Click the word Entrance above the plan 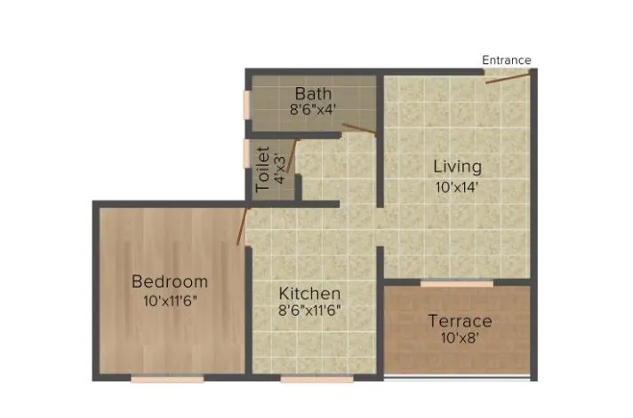(506, 60)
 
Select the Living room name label (457, 166)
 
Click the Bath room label (312, 93)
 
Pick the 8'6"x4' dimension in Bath (312, 111)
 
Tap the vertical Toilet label (262, 169)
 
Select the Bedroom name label (169, 281)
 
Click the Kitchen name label (309, 293)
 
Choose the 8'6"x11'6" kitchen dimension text (309, 311)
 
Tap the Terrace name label (460, 320)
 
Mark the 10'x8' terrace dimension (460, 338)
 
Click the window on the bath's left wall (248, 104)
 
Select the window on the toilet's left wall (248, 153)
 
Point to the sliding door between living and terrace (456, 284)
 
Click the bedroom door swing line (241, 226)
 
